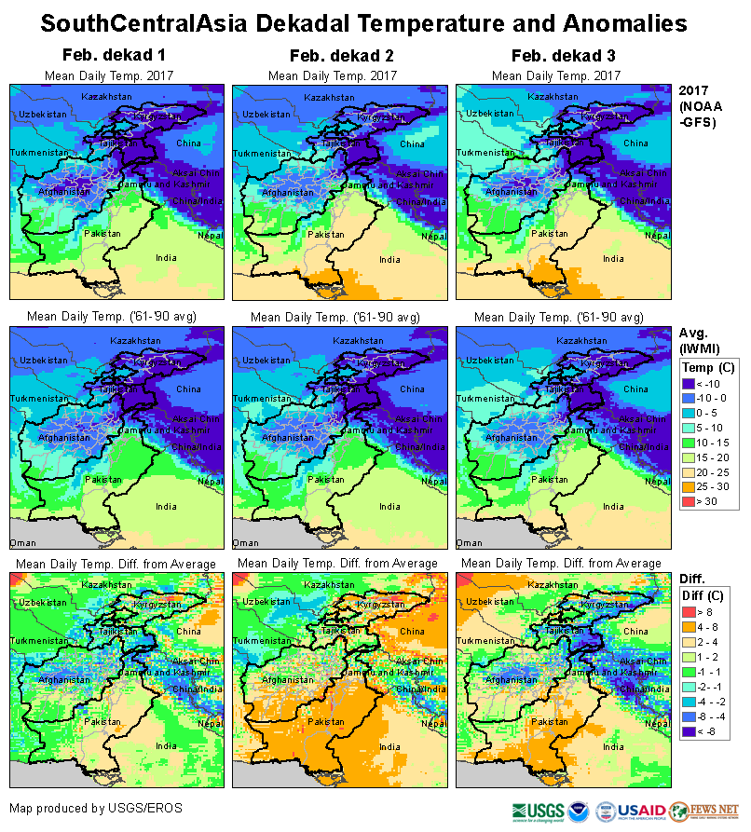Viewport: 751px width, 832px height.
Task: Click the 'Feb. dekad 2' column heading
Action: pyautogui.click(x=333, y=56)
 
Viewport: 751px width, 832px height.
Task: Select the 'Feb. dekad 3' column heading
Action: pyautogui.click(x=557, y=56)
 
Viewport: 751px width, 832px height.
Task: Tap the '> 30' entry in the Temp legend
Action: pyautogui.click(x=704, y=500)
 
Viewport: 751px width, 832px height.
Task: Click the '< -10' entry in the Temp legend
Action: pyautogui.click(x=704, y=383)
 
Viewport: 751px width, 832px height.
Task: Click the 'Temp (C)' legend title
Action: pyautogui.click(x=708, y=367)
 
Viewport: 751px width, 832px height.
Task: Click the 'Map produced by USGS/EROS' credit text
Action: pyautogui.click(x=96, y=807)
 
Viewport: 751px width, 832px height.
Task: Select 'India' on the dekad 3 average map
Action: pyautogui.click(x=612, y=507)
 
